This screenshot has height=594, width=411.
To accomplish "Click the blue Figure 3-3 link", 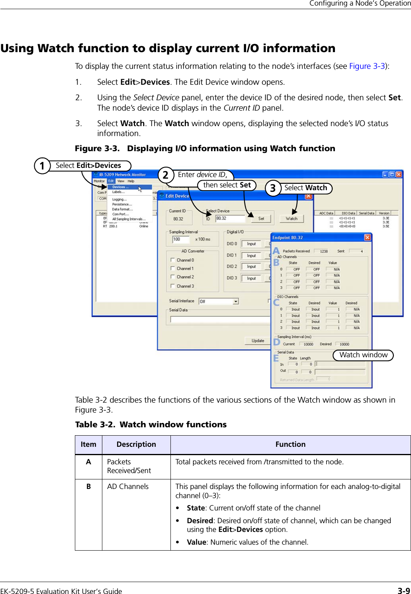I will tap(367, 66).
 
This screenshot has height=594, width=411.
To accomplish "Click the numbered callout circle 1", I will tap(42, 166).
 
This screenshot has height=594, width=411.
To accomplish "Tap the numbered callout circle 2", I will tap(166, 175).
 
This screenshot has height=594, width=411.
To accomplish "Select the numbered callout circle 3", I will tap(273, 188).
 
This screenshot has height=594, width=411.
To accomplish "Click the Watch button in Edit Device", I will tap(292, 218).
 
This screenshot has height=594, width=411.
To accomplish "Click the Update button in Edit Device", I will tap(258, 341).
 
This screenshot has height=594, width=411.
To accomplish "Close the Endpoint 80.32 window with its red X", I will tap(367, 238).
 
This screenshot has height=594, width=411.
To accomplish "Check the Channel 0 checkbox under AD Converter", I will tap(173, 260).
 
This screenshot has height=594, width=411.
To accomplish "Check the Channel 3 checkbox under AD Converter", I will tap(173, 286).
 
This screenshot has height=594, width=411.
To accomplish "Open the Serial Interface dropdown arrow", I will tap(236, 301).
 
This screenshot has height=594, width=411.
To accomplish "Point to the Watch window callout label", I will tap(363, 355).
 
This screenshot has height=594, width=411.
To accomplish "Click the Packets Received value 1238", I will tap(324, 251).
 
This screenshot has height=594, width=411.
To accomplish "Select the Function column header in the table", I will tap(290, 444).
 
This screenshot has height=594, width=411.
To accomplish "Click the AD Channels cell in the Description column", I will tap(128, 487).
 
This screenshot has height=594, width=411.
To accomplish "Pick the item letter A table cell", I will tap(88, 462).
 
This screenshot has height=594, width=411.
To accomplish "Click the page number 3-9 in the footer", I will tap(403, 590).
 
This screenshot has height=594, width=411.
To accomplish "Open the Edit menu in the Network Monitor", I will tap(111, 181).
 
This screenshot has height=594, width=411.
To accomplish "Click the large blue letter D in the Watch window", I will tap(276, 342).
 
